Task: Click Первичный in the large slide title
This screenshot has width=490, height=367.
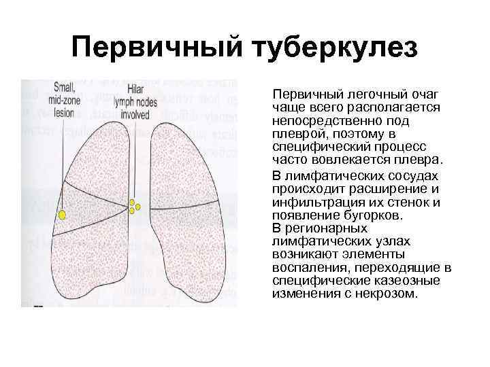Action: click(x=157, y=48)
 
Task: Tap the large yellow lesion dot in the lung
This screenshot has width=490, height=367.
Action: click(x=62, y=215)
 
